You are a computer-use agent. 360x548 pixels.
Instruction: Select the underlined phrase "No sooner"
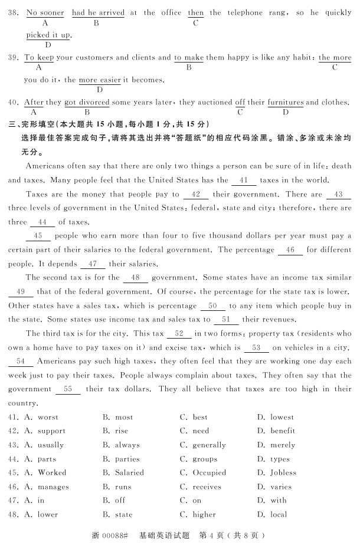[x=45, y=12]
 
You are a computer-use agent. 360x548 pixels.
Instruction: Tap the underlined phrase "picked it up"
[x=48, y=35]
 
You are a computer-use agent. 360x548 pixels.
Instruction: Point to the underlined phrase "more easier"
[x=100, y=80]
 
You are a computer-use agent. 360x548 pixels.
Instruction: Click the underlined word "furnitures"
[x=286, y=102]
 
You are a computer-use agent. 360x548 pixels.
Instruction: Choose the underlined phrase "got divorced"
[x=87, y=102]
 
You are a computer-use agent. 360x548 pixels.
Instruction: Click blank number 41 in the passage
[x=244, y=181]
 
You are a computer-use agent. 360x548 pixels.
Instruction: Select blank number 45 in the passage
[x=38, y=236]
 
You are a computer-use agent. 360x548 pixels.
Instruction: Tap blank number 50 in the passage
[x=212, y=306]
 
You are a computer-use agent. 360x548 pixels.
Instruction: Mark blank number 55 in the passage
[x=67, y=389]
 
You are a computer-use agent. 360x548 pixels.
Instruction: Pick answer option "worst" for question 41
[x=48, y=417]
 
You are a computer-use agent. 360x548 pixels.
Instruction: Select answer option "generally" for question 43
[x=209, y=445]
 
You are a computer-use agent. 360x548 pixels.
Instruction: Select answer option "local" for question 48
[x=279, y=514]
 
